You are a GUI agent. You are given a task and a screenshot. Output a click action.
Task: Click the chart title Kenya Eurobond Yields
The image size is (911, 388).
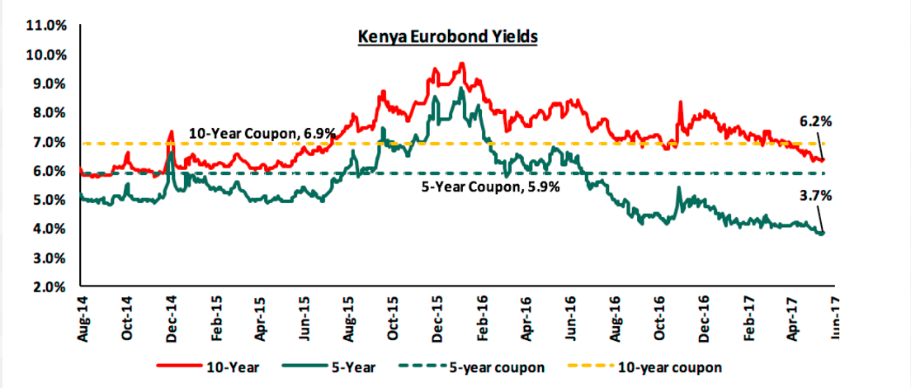pos(446,37)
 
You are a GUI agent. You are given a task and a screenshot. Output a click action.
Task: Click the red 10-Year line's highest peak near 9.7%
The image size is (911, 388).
pos(462,64)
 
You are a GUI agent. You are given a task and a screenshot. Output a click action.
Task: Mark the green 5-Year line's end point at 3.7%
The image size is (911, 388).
pos(822,234)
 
